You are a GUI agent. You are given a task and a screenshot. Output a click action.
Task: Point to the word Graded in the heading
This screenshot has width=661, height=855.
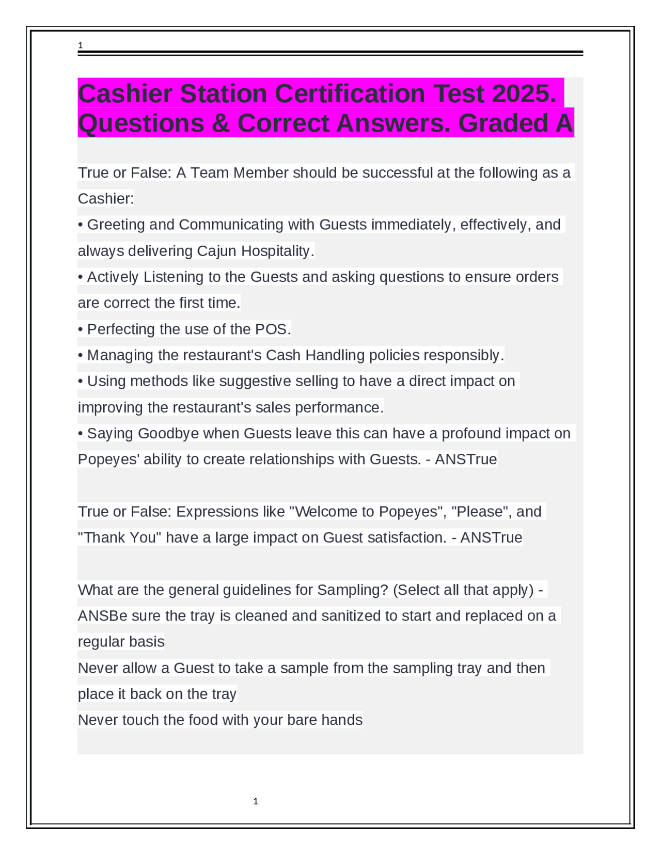pyautogui.click(x=502, y=123)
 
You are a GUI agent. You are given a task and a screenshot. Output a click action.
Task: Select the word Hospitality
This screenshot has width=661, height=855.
pyautogui.click(x=277, y=251)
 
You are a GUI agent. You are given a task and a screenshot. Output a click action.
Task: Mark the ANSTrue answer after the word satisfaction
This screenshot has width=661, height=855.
pyautogui.click(x=491, y=537)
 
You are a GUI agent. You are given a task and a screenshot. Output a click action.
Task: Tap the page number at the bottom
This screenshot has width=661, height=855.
pyautogui.click(x=256, y=801)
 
